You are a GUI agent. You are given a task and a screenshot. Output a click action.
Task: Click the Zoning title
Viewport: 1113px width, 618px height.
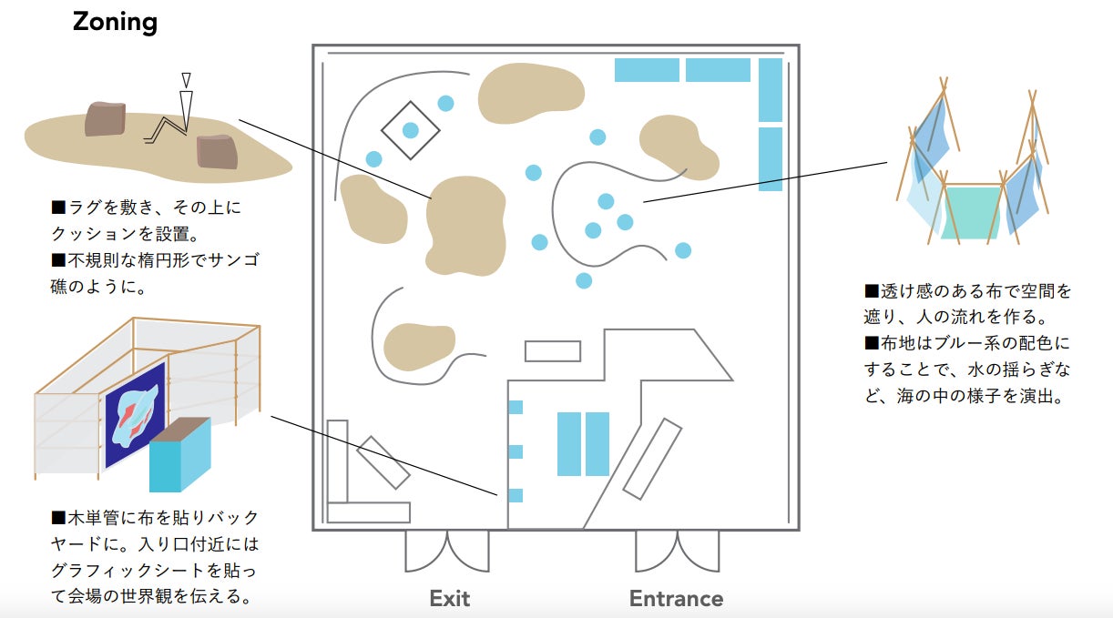(x=115, y=21)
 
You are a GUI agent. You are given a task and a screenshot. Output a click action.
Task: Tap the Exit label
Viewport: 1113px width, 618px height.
(x=450, y=598)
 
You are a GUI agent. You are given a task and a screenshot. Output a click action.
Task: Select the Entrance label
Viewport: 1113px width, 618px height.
(x=676, y=598)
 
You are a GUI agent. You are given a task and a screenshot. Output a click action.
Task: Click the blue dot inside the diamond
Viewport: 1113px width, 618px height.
(x=410, y=130)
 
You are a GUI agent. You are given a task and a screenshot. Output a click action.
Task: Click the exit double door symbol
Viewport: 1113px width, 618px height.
(x=447, y=551)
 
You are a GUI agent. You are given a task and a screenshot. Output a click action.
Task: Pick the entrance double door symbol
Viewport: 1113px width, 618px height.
(x=677, y=551)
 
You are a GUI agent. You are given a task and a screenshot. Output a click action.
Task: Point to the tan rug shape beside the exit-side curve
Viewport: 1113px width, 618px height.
(x=418, y=346)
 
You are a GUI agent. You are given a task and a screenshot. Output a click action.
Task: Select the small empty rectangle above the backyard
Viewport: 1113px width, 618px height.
(x=553, y=351)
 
